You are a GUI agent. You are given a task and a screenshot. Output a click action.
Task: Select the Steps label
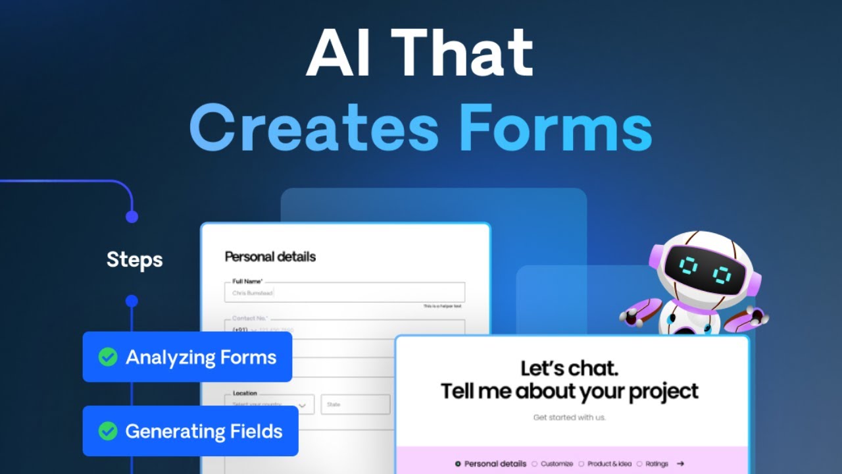(x=134, y=260)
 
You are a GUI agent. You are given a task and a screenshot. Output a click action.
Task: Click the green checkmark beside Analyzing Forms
(x=108, y=357)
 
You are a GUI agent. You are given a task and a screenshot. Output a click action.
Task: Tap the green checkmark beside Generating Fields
(x=108, y=431)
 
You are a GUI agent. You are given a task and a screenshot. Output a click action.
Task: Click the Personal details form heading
(x=270, y=257)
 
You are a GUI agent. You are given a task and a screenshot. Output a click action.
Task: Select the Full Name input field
(x=345, y=293)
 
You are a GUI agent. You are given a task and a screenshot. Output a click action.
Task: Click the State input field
(x=355, y=404)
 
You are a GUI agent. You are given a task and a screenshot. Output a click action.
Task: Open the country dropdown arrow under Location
(x=303, y=406)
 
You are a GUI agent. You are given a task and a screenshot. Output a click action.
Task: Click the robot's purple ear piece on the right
(x=754, y=283)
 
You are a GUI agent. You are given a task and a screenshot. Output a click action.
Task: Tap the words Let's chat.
(x=569, y=368)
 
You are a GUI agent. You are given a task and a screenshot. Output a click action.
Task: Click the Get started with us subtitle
(x=570, y=417)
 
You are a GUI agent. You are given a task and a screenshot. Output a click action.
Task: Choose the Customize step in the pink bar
(x=557, y=463)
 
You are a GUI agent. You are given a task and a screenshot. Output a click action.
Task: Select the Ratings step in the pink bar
(x=656, y=463)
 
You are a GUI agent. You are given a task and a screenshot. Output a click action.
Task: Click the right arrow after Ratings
(x=680, y=463)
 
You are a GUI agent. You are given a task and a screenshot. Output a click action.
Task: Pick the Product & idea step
(x=609, y=463)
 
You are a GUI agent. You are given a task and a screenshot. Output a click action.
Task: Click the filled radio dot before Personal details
(x=458, y=463)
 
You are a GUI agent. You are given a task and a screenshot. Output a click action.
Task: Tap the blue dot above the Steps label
(x=132, y=217)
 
